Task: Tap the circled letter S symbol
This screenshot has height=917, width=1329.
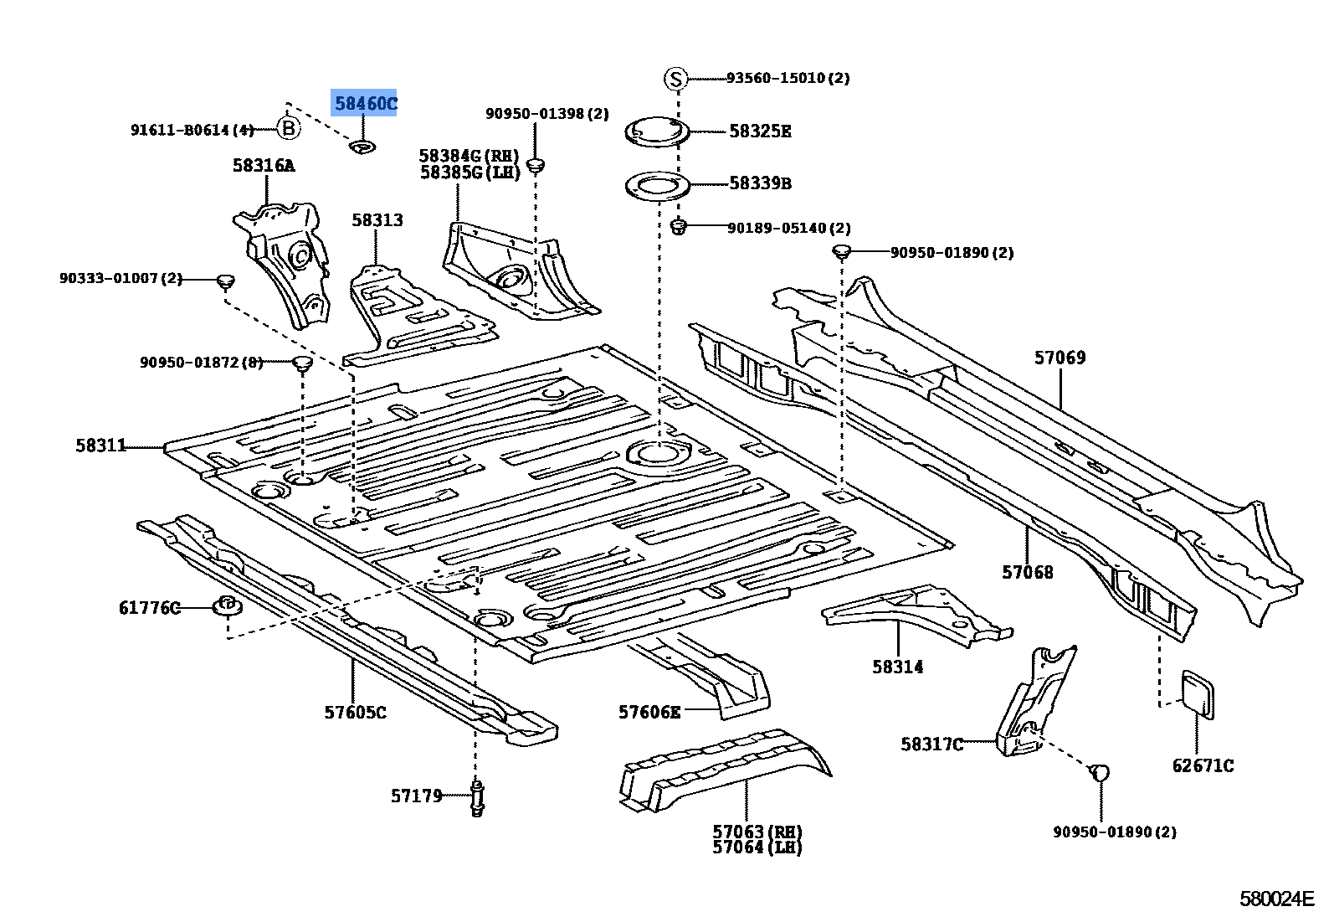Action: (x=675, y=79)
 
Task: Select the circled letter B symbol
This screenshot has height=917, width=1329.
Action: (x=289, y=128)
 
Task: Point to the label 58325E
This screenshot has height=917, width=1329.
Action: (x=759, y=131)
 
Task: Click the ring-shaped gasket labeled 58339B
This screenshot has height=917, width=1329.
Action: (x=657, y=187)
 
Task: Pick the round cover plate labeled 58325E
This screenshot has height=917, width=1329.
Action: (x=657, y=132)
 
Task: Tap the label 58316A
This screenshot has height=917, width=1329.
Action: (x=264, y=165)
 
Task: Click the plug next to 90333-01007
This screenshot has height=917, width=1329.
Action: (x=224, y=282)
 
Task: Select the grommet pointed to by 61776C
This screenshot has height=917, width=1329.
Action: (x=228, y=606)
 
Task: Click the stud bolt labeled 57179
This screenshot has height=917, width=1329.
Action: (x=477, y=797)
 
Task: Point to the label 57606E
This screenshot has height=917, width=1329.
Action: (x=649, y=712)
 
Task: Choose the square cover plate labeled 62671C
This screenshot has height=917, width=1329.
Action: (x=1198, y=694)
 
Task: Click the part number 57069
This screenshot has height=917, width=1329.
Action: (x=1060, y=358)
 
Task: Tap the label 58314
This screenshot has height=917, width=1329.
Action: (x=897, y=667)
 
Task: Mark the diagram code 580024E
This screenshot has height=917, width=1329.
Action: (x=1277, y=899)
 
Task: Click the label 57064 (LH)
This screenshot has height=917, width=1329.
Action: (x=757, y=847)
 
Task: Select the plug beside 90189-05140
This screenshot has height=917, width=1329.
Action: (x=678, y=227)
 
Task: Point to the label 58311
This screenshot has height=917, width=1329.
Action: (x=101, y=446)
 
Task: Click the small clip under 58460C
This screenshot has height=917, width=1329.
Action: (x=362, y=146)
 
